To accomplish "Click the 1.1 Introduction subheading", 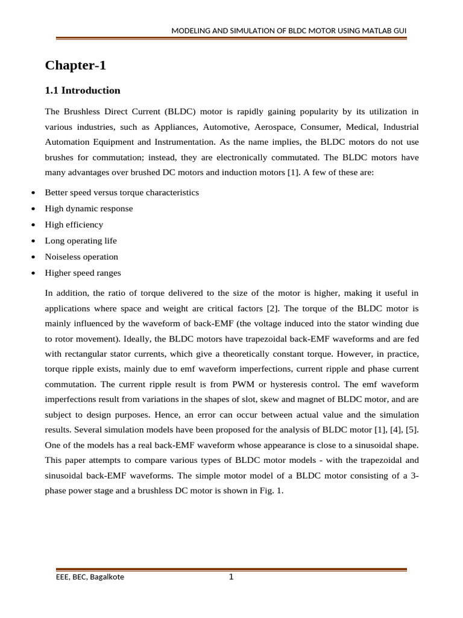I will coord(83,91).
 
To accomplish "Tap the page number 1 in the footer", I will coord(231,577).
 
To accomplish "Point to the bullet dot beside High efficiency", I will coord(32,225).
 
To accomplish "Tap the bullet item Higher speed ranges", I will coord(83,273).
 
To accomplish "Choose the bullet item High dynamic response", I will coord(89,208).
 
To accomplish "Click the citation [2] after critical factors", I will coord(271,308).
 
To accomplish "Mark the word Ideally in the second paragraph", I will coord(121,339).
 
